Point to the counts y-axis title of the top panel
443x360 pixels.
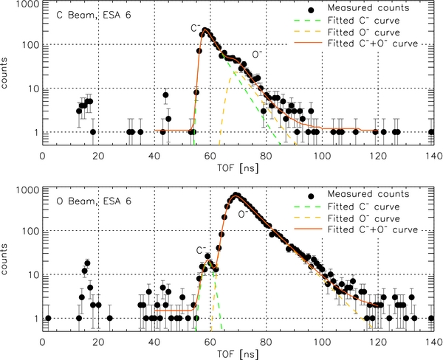point(7,76)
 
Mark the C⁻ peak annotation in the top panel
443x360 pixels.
point(196,28)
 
